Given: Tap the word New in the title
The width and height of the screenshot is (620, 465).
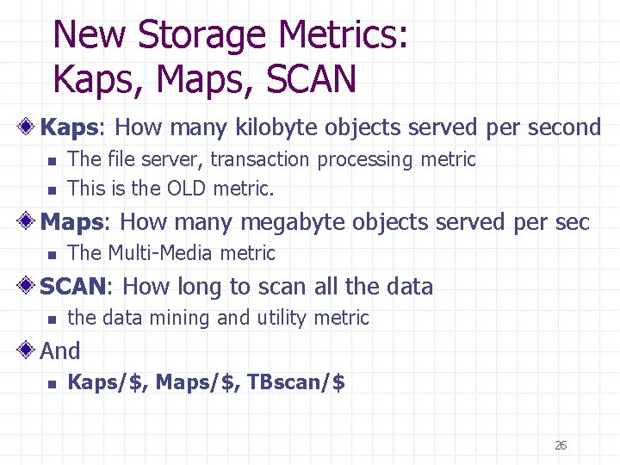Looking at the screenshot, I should (x=90, y=35).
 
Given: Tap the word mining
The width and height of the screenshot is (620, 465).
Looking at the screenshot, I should (x=180, y=319).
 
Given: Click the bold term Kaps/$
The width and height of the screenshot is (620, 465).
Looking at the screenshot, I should (x=108, y=382).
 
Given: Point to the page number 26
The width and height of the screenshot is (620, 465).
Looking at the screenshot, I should (x=561, y=445).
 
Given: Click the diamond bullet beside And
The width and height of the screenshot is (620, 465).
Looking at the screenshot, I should (x=28, y=351).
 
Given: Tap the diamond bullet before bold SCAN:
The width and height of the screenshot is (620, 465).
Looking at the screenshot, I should (x=28, y=286).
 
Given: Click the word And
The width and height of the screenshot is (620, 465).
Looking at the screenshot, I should (x=60, y=351).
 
